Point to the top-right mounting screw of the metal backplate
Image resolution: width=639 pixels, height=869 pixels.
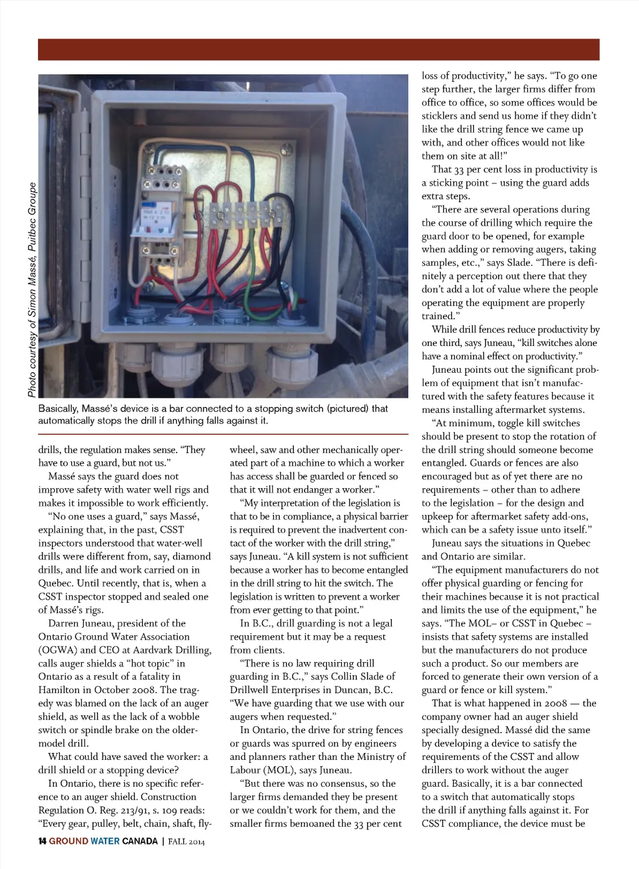(286, 149)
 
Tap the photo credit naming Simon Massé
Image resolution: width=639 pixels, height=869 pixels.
(32, 289)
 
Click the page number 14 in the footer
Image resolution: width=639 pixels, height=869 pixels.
(42, 842)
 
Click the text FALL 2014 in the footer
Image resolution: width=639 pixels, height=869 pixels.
(187, 842)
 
